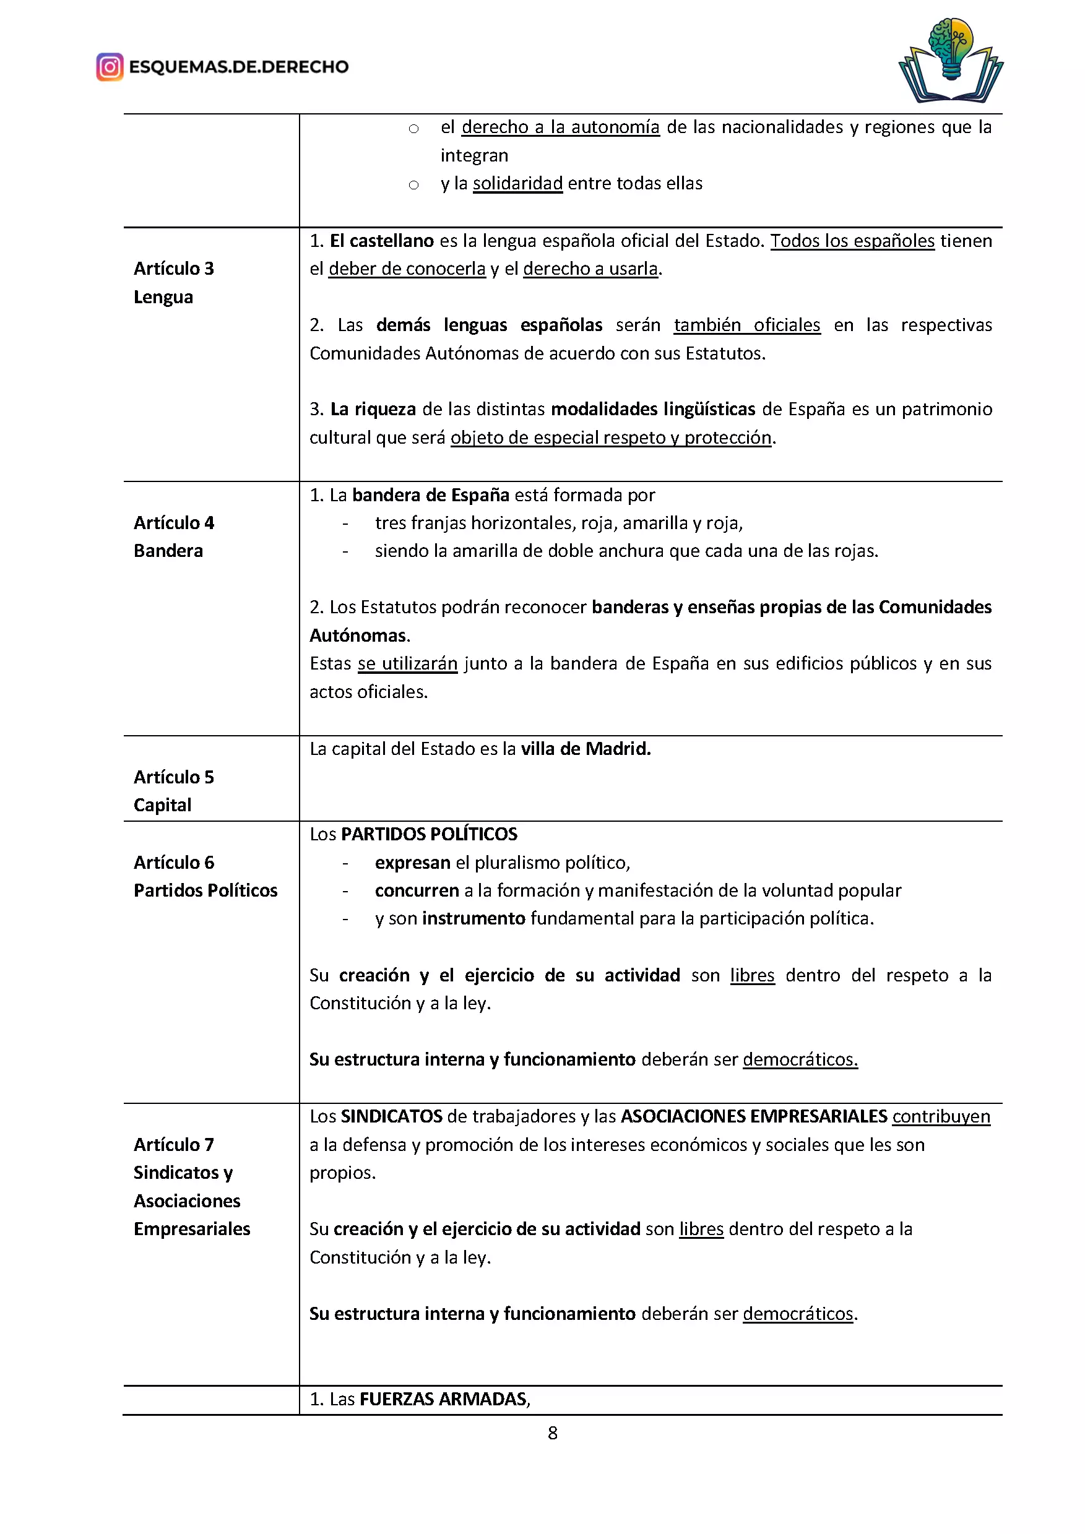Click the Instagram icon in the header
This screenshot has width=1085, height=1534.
click(x=110, y=67)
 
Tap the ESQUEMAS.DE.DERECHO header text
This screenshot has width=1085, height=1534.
click(x=238, y=67)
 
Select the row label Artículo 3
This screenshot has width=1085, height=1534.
click(x=174, y=269)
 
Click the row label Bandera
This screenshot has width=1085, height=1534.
click(x=168, y=551)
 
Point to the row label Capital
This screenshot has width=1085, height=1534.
click(x=162, y=805)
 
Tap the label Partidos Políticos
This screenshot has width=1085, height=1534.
click(x=205, y=890)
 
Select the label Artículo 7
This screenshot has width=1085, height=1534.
click(x=174, y=1145)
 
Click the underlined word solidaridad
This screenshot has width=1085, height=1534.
click(x=518, y=184)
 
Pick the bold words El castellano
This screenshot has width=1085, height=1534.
click(x=382, y=241)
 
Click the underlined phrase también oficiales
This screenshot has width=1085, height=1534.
click(x=747, y=325)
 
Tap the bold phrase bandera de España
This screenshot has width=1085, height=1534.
click(x=430, y=495)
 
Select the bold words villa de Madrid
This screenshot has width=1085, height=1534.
click(x=586, y=749)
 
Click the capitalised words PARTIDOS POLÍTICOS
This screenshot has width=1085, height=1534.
click(x=429, y=835)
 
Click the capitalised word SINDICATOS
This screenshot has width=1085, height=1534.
click(x=392, y=1116)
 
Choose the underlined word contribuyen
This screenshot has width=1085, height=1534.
click(x=941, y=1116)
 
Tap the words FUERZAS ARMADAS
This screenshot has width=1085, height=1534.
click(x=444, y=1399)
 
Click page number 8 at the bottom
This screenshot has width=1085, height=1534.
click(x=553, y=1433)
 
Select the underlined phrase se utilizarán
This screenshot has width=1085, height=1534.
click(x=407, y=663)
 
